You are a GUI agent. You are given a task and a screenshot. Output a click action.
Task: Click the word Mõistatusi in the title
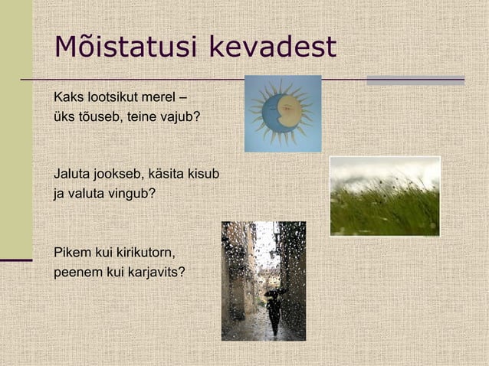115,47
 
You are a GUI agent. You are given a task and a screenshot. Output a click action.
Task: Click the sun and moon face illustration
282,113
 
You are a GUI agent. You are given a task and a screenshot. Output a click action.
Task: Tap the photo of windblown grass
385,196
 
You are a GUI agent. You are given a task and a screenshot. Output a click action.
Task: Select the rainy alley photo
263,280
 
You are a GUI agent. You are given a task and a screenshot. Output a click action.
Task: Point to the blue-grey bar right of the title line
415,80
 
